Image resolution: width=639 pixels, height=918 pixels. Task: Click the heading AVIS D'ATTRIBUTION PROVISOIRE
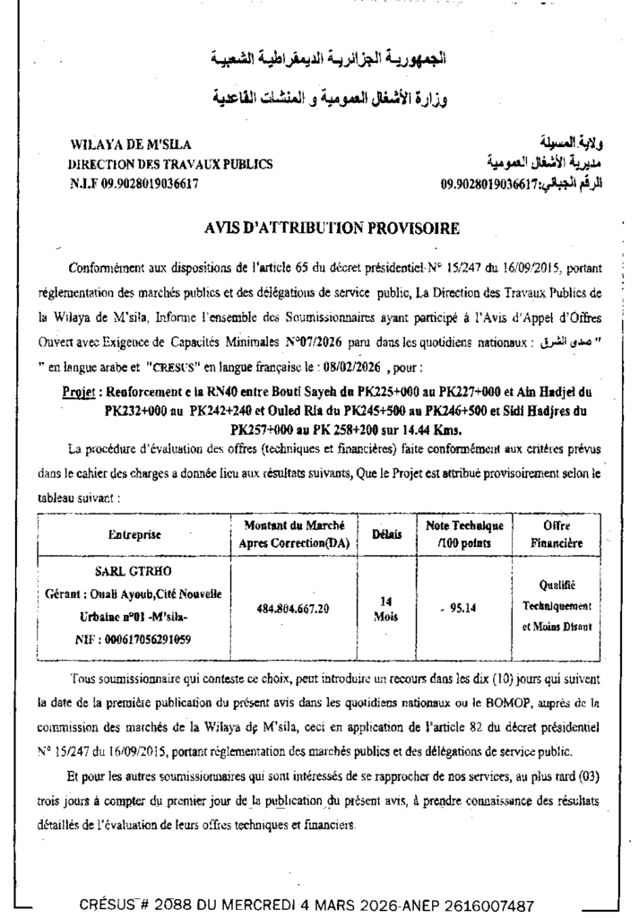point(332,229)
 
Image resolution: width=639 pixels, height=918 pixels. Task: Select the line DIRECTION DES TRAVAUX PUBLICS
point(171,164)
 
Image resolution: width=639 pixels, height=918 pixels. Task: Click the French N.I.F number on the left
point(134,184)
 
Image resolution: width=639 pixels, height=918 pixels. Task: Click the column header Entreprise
point(134,534)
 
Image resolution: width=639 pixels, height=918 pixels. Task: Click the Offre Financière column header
point(557,534)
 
